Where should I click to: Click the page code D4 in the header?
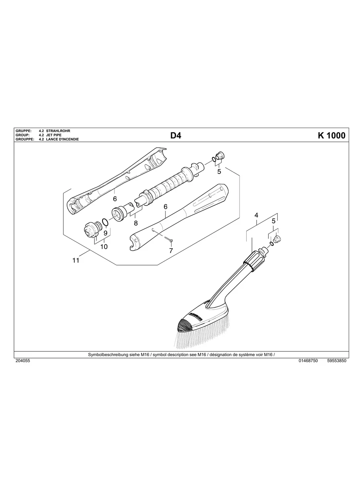(x=176, y=136)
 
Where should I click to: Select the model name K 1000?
(x=331, y=136)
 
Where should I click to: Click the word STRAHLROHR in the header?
(x=58, y=131)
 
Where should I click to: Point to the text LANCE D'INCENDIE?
(x=62, y=139)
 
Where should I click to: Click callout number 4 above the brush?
(x=256, y=216)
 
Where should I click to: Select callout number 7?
(x=171, y=251)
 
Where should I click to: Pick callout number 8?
(x=136, y=223)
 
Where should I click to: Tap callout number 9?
(x=105, y=233)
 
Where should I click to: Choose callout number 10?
(x=104, y=247)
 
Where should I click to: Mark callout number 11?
(x=76, y=261)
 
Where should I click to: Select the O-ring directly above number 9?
(x=105, y=222)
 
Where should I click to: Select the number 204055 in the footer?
(x=22, y=361)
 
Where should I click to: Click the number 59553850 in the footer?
(x=337, y=361)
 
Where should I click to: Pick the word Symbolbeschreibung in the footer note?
(x=106, y=355)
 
